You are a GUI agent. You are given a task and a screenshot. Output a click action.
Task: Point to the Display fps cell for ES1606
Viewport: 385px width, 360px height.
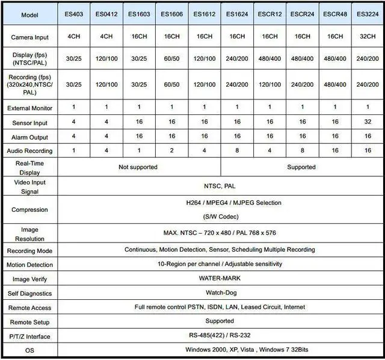171,60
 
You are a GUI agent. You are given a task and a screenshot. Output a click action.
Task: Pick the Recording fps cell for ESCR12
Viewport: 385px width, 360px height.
268,85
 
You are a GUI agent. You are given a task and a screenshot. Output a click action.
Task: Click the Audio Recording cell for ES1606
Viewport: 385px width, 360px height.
171,151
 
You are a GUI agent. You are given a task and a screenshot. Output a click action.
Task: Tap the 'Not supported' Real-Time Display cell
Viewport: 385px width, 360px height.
138,167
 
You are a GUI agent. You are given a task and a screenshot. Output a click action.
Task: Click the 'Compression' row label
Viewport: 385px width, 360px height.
29,210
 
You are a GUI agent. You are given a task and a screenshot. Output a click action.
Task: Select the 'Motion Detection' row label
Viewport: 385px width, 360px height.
29,265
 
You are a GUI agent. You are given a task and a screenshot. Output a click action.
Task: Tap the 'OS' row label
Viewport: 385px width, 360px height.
29,350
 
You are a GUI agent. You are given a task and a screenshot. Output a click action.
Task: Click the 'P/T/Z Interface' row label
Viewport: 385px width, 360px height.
29,336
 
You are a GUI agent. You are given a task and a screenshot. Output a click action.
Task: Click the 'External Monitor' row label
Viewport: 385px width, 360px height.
29,108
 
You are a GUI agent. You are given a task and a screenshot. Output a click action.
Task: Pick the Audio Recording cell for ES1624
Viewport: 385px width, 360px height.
235,151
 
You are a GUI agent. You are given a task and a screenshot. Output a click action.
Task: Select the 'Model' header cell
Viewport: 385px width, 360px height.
29,14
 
